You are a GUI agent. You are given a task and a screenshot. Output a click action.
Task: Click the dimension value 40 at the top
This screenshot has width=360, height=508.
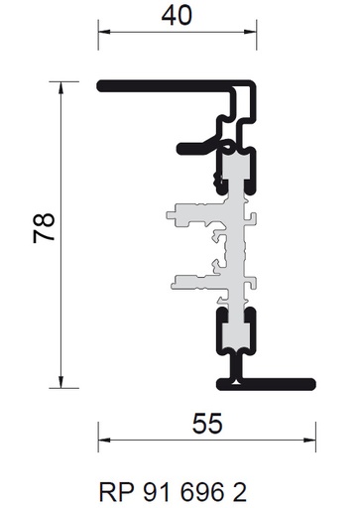click(x=177, y=16)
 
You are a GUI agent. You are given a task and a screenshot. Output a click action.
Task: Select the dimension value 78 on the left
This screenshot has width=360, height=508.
click(x=44, y=228)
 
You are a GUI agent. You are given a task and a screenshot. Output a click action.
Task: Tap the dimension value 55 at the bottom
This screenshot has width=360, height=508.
click(x=207, y=424)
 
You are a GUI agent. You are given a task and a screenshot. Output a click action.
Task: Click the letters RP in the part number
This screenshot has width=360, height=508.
click(x=117, y=493)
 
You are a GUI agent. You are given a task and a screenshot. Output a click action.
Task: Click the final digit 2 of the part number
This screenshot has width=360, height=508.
click(x=239, y=493)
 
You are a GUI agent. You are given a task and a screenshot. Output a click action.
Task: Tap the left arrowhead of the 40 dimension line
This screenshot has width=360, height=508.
click(x=104, y=32)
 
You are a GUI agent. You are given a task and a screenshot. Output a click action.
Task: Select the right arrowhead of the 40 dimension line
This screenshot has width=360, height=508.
click(x=251, y=32)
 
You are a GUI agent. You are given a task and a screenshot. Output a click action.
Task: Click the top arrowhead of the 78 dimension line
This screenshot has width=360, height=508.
click(x=60, y=87)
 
